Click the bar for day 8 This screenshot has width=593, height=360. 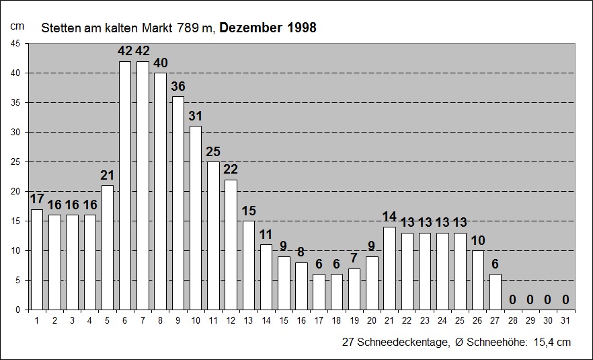click(160, 191)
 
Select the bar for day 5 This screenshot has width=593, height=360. click(108, 247)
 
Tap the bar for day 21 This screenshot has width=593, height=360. click(389, 268)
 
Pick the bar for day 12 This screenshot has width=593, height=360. click(231, 244)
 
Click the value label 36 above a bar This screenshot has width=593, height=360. click(178, 87)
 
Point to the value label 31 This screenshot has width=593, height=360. click(196, 116)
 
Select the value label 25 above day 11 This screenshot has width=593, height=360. click(213, 152)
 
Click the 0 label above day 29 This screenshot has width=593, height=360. click(530, 299)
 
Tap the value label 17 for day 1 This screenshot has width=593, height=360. click(37, 199)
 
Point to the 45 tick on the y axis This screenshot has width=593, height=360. click(15, 44)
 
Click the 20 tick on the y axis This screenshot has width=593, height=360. click(15, 191)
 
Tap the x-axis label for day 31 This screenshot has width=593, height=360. click(565, 320)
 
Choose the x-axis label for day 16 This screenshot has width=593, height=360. click(301, 320)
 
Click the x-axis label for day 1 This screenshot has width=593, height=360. click(37, 320)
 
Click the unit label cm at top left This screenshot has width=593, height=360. click(17, 26)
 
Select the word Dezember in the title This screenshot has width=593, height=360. click(250, 28)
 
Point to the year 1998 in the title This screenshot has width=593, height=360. click(300, 28)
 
